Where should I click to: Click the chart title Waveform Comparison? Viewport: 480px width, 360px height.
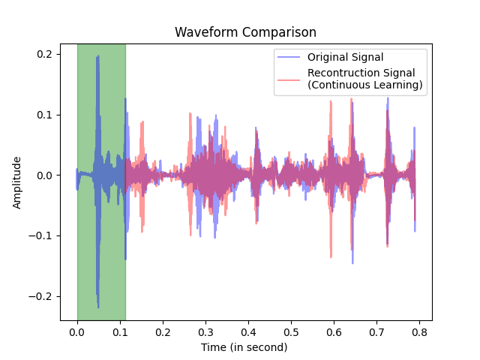245,32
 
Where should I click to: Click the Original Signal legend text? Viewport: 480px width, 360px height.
346,58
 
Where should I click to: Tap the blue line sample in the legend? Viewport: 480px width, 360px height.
289,58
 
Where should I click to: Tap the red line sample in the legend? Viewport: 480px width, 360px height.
289,79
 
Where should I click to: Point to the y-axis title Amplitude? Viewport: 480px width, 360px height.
17,183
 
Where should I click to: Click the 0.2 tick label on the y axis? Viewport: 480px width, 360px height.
44,55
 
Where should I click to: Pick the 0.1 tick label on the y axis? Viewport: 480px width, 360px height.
44,115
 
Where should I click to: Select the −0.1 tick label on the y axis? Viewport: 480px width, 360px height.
41,235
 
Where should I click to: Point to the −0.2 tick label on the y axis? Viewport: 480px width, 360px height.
41,296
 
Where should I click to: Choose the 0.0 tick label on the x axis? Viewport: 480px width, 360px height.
77,331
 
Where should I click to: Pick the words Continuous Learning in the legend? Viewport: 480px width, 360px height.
365,85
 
